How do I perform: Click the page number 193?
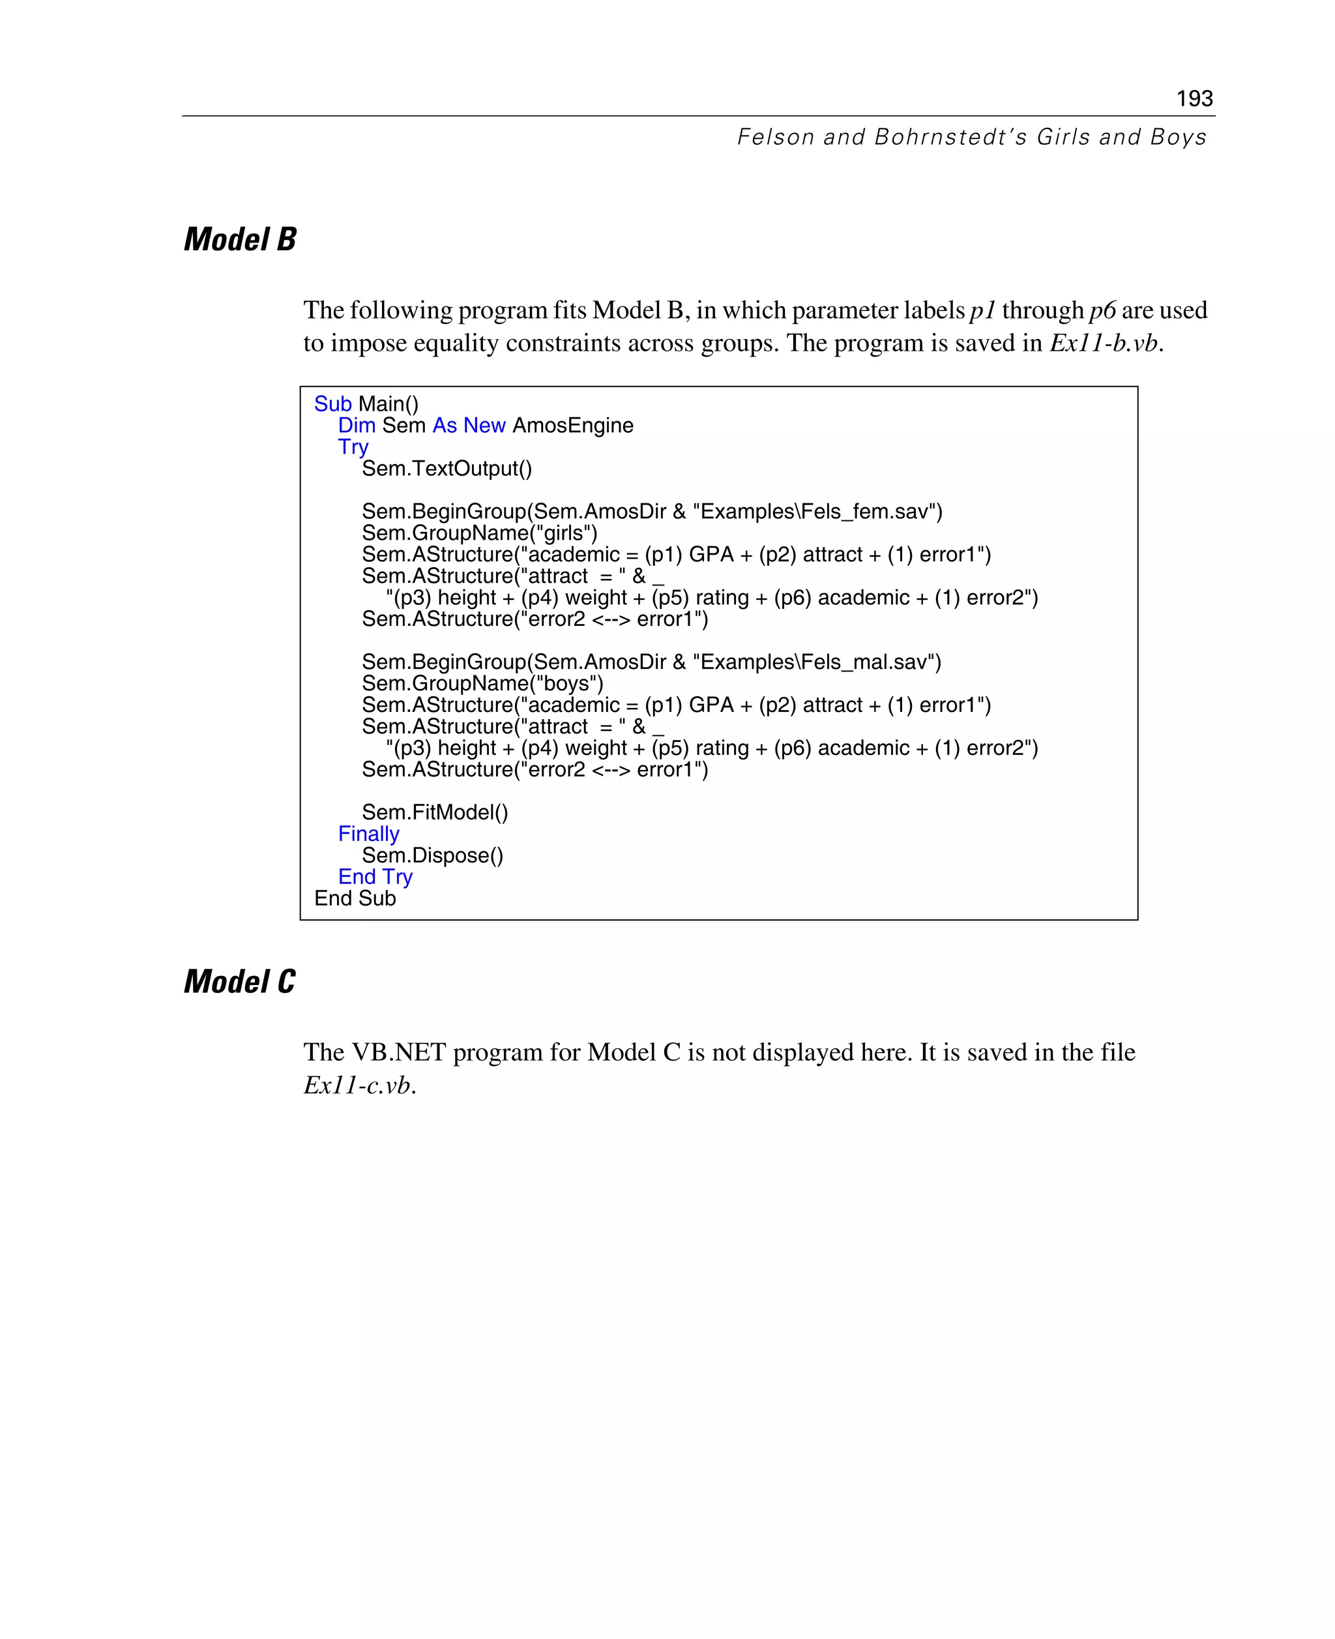(1194, 98)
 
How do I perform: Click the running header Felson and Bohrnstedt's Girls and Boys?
(971, 137)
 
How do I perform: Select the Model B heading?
(240, 239)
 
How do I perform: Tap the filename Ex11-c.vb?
(359, 1085)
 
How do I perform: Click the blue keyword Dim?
(357, 425)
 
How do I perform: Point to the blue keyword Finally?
(368, 834)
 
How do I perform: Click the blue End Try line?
(375, 877)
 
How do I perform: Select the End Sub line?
(355, 898)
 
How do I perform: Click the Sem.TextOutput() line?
(447, 468)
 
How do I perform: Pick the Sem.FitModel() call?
(435, 812)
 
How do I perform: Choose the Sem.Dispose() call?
(432, 855)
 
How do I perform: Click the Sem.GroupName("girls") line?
(479, 533)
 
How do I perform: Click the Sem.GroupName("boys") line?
(482, 684)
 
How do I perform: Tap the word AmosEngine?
(573, 425)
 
